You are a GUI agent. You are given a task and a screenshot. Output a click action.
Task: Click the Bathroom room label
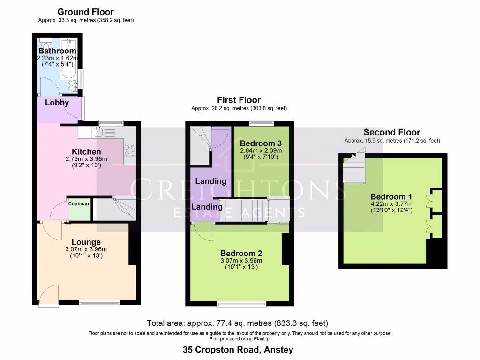coord(57,51)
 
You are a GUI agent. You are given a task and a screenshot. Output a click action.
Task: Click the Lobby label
coord(57,103)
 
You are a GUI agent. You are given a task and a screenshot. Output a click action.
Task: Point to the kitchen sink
coord(99,132)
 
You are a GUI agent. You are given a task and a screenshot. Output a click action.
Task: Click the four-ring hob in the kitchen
coord(129,150)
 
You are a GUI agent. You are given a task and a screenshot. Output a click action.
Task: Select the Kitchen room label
coord(86,152)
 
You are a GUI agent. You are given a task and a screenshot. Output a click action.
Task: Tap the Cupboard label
coord(80,204)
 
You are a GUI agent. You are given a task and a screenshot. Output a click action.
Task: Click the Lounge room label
coord(86,242)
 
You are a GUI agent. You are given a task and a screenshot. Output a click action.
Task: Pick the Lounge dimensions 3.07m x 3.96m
coord(86,249)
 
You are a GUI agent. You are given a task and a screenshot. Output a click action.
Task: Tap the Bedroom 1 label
coord(390,196)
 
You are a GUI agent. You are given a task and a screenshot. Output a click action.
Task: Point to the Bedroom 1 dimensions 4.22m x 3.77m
coord(390,204)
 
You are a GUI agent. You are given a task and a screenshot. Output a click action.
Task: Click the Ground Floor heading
coord(85,12)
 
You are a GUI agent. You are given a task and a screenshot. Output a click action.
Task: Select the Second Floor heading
coord(392,132)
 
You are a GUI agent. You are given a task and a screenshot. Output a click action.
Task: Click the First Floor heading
coord(239,100)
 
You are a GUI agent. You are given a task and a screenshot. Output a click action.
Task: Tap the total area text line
coord(237,323)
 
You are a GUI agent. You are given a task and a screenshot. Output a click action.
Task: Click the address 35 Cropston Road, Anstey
coord(238,350)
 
